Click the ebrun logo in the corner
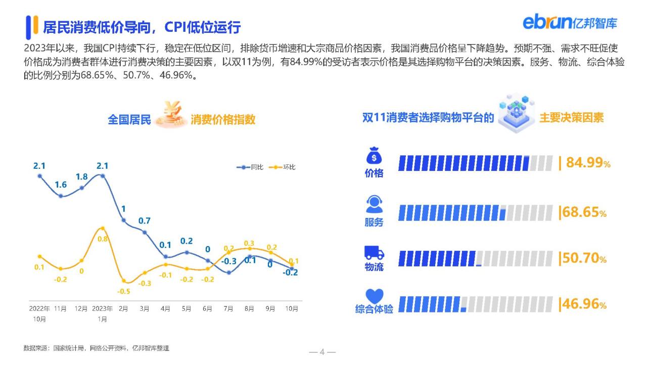click(570, 23)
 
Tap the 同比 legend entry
click(250, 167)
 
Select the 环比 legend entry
click(282, 167)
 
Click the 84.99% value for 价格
click(588, 163)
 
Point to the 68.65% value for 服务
click(584, 212)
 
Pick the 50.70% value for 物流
click(584, 258)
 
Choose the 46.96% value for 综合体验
click(584, 304)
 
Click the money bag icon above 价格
click(374, 155)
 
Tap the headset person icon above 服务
click(374, 204)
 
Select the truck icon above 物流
click(374, 253)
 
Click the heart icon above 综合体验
click(375, 296)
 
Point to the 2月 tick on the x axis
click(123, 309)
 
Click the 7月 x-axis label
click(228, 309)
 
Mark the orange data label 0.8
click(103, 239)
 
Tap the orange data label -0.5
click(124, 291)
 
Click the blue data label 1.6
click(61, 185)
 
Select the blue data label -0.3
click(229, 261)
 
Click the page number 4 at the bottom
click(322, 352)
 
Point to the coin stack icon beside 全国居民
click(170, 114)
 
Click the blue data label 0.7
click(145, 221)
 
